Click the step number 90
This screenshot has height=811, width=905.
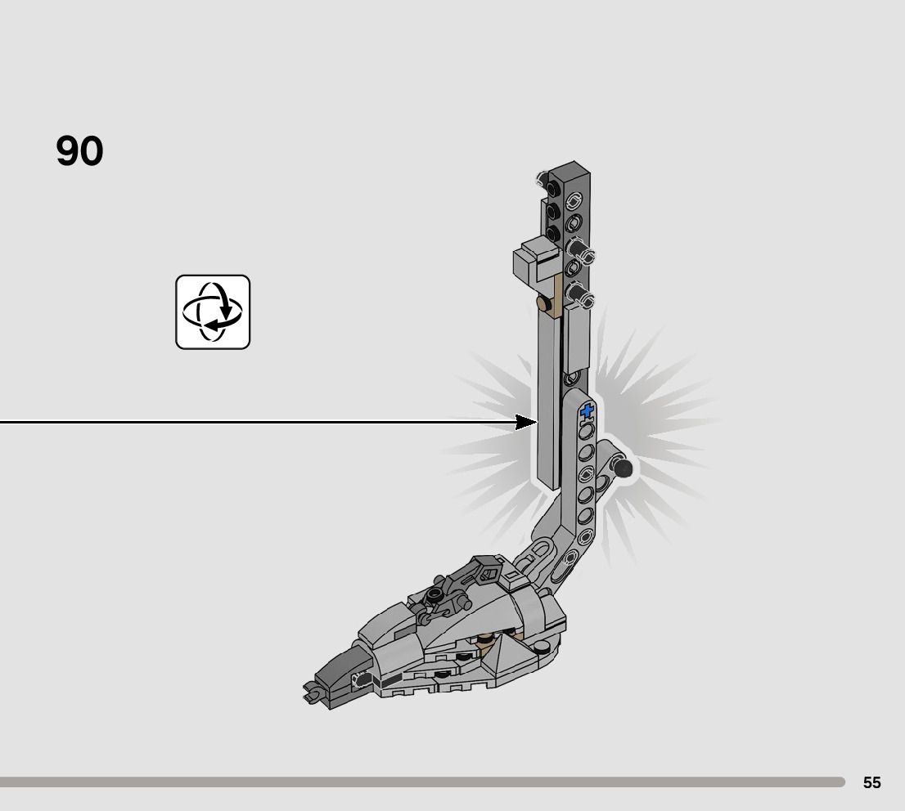[x=79, y=152]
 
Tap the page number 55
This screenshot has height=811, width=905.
[x=871, y=782]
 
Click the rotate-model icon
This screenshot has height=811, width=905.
[x=213, y=312]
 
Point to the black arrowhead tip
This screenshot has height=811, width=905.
[x=534, y=422]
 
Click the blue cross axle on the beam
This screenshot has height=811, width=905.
[x=587, y=412]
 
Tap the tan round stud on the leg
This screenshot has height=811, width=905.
[x=542, y=304]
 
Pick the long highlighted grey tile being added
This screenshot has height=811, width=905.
[x=547, y=401]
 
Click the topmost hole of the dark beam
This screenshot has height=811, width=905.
[x=574, y=197]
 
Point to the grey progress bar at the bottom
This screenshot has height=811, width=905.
[x=421, y=782]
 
